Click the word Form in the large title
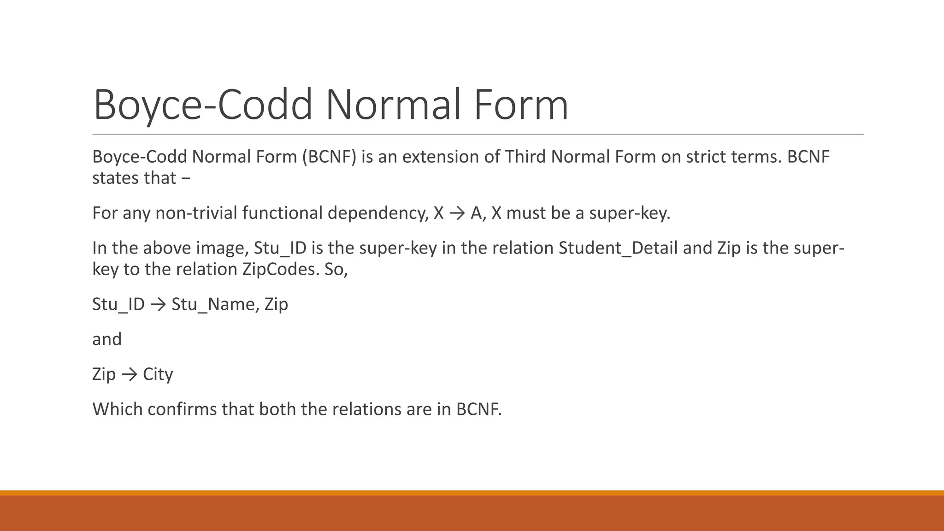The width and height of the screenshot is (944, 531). (521, 105)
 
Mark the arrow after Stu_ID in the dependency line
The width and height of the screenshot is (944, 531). (158, 304)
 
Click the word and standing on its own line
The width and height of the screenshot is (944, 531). (107, 339)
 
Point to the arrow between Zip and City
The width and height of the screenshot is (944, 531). (130, 374)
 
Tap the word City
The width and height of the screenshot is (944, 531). (158, 374)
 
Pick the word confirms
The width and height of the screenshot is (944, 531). (182, 409)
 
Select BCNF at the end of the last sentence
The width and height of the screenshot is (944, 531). (478, 409)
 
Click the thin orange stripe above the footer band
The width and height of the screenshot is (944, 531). (472, 493)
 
